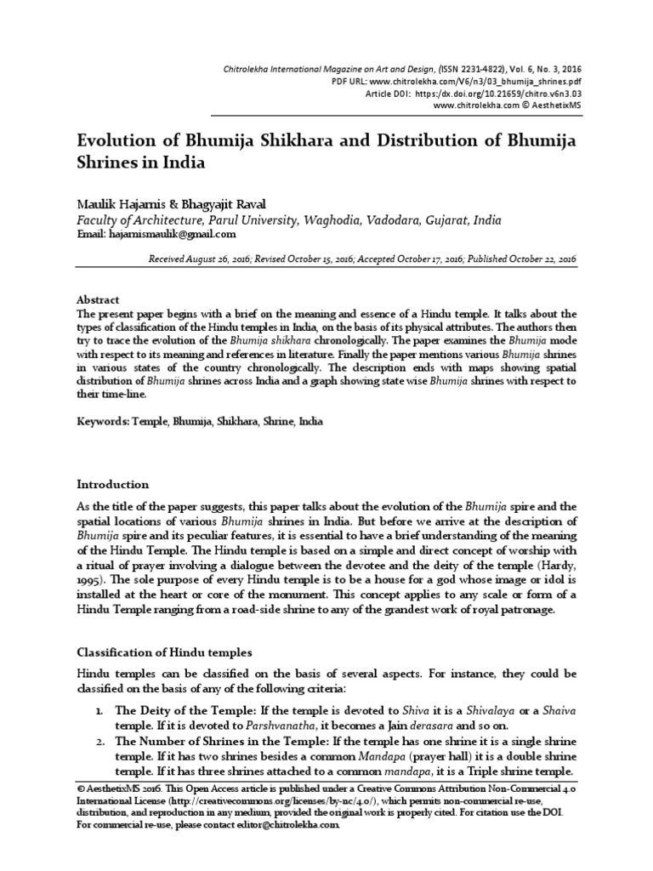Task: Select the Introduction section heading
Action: click(113, 484)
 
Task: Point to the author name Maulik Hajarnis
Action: click(122, 205)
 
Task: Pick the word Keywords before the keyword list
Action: click(102, 421)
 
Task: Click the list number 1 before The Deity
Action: click(99, 710)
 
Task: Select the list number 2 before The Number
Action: click(99, 741)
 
